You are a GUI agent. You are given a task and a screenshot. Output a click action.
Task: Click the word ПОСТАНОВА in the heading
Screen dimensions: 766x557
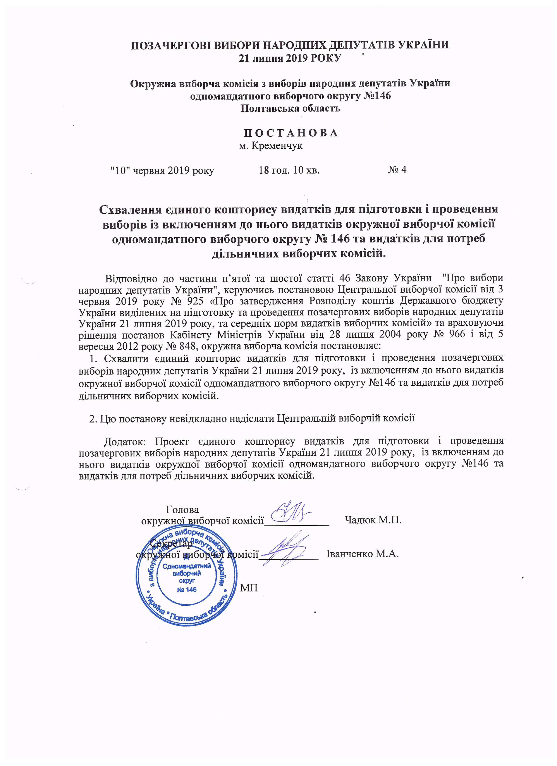click(291, 133)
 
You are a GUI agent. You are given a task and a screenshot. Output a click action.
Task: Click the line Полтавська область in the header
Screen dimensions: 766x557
click(291, 108)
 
